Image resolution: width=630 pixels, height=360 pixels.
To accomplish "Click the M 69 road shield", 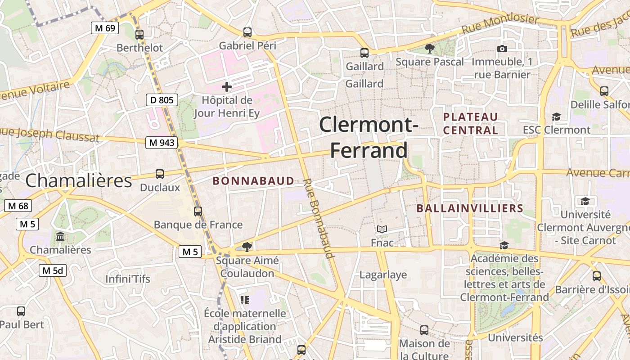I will pos(105,28).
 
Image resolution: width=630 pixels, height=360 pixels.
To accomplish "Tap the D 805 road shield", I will pos(162,100).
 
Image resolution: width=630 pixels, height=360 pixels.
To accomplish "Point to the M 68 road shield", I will pos(18,206).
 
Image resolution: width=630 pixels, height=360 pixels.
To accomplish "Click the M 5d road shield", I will pos(53,270).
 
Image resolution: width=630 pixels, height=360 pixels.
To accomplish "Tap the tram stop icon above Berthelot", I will pos(139,34).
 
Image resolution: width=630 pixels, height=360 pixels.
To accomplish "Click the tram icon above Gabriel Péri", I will pos(247,32).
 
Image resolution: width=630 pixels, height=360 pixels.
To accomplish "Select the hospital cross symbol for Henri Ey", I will pos(227,86).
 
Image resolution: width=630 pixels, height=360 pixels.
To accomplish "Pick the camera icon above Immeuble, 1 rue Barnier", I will pos(502,49).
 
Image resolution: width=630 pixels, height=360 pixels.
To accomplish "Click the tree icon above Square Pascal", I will pos(430,49).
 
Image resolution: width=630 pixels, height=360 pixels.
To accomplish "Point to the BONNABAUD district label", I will pos(253,181).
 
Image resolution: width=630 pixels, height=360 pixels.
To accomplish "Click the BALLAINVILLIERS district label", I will pos(470,208).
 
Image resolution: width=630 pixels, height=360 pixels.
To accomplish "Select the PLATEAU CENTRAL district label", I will pos(471,124).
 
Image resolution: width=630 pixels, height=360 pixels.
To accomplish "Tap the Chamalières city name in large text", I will pos(79,180).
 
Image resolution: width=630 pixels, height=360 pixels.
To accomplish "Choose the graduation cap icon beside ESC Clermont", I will pos(557,117).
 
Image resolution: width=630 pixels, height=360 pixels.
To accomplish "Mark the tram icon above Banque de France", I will pos(198,211).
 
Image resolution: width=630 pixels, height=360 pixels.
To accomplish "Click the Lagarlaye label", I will pos(383,274).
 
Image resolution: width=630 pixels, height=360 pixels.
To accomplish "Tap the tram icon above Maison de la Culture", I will pos(424,330).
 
